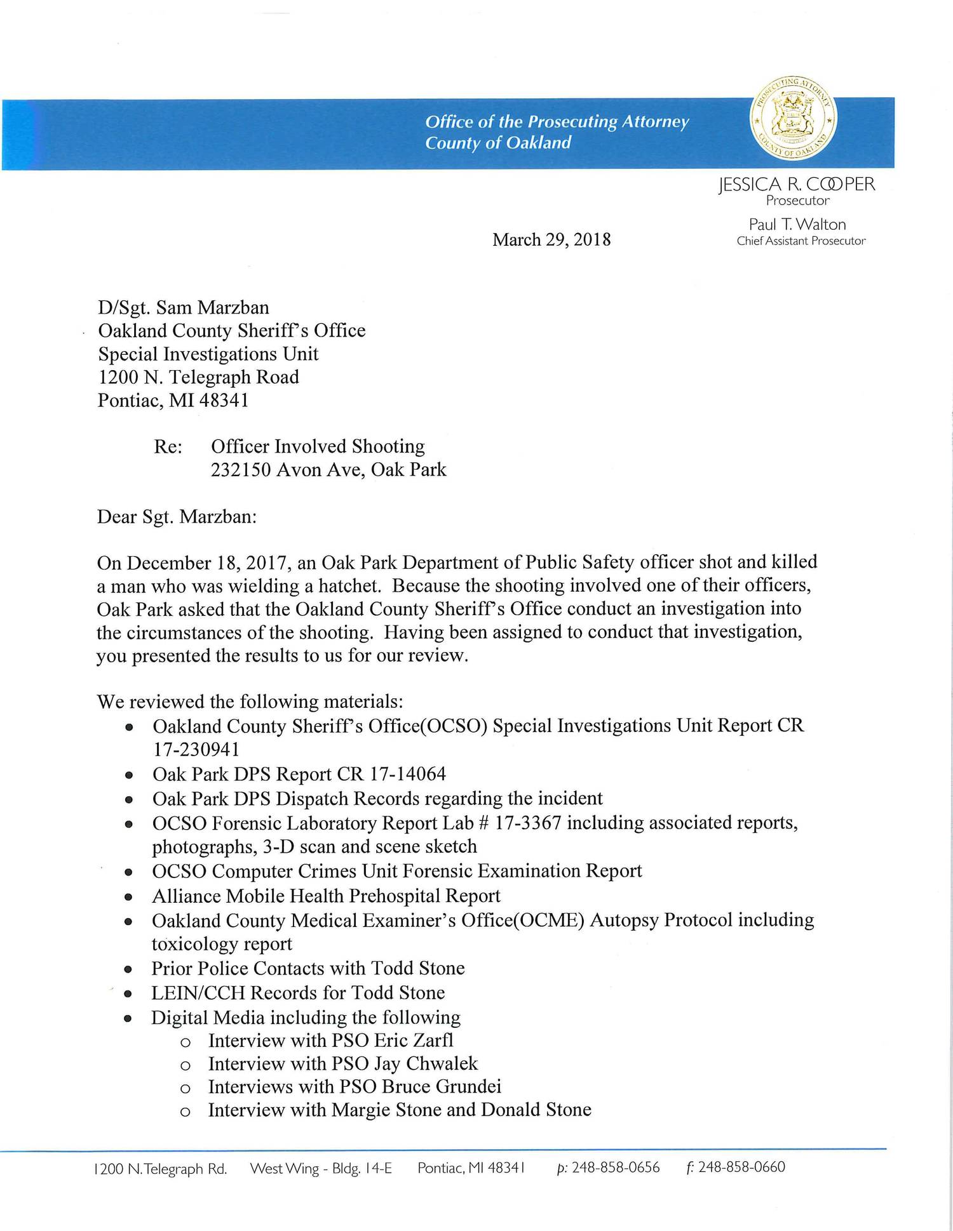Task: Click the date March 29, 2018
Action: (x=551, y=239)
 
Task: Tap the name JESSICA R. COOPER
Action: (x=797, y=184)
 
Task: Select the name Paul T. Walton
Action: (x=797, y=224)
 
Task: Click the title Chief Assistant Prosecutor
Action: (x=801, y=241)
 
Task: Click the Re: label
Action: (x=168, y=446)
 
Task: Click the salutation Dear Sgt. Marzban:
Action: (x=177, y=516)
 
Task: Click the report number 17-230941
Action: (x=196, y=750)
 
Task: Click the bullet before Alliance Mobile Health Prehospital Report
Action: (x=129, y=898)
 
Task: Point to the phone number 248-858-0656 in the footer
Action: (x=615, y=1168)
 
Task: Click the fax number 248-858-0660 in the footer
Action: (x=741, y=1168)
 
